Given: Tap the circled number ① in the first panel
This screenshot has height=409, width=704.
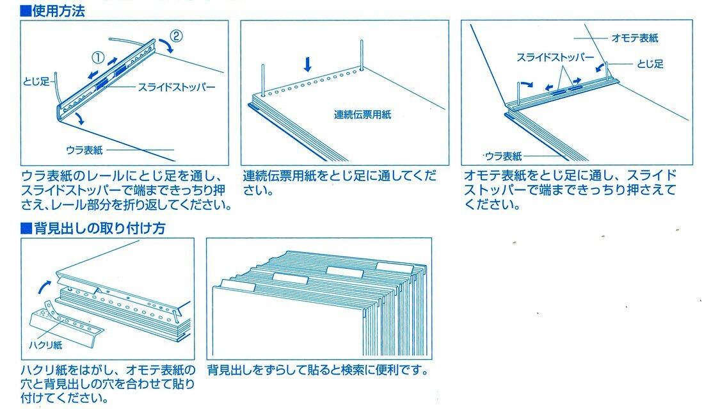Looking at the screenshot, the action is [98, 57].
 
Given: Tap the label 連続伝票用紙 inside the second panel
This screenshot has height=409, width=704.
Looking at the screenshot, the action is [362, 115].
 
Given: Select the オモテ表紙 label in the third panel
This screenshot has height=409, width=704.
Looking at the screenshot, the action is [635, 38].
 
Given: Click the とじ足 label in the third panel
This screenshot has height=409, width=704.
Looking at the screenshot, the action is [650, 64].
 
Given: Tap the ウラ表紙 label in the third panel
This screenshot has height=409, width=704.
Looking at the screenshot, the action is [503, 156].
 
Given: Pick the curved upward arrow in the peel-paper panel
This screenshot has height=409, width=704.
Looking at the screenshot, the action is [42, 284].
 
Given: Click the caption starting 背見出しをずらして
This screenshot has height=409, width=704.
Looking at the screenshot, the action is [317, 371].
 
